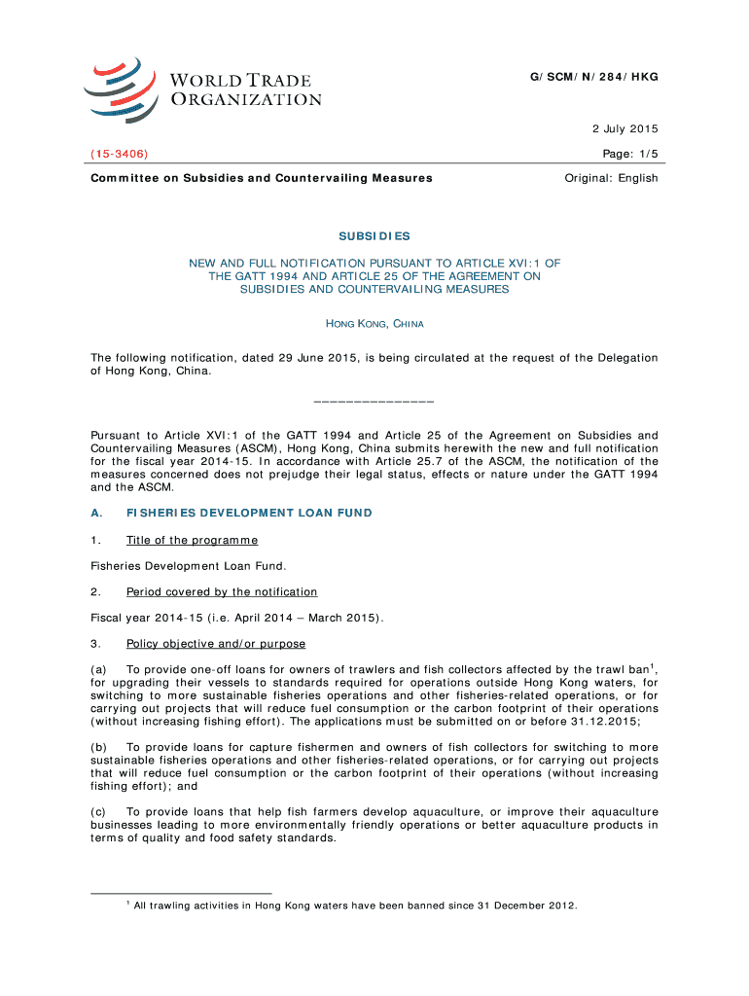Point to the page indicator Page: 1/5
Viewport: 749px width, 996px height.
pos(630,154)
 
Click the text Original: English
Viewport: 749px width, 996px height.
pos(611,178)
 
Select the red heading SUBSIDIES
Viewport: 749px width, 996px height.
pos(374,236)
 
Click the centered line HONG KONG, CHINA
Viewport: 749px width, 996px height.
pos(374,323)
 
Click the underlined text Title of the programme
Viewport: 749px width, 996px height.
pos(192,540)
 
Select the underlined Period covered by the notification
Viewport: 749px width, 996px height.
pos(221,591)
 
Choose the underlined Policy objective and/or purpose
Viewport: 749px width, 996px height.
pos(215,644)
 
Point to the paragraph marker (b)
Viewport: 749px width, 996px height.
pos(98,747)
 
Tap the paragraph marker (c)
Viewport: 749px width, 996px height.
pos(98,811)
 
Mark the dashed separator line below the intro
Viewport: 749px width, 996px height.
pos(374,401)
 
